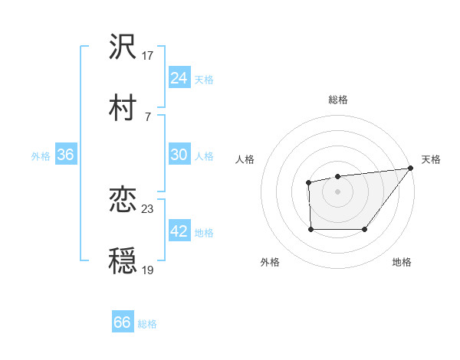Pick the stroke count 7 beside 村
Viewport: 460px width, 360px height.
(x=148, y=116)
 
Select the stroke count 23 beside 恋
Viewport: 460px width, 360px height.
(x=149, y=209)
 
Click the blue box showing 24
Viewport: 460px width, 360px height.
(x=179, y=78)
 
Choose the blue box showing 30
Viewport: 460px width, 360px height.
(x=179, y=155)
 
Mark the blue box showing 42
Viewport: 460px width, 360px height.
(x=179, y=231)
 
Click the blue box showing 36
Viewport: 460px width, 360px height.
(x=66, y=155)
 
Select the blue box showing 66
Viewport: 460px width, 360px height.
(x=123, y=323)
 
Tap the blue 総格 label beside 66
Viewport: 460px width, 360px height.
(x=148, y=324)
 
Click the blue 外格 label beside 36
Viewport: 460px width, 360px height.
(x=41, y=155)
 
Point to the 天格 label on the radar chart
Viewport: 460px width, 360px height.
(x=431, y=159)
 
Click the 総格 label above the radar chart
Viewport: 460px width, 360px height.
(x=337, y=100)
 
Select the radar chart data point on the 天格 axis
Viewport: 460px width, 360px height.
(x=410, y=169)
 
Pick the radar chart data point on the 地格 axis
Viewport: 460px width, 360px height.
(x=365, y=229)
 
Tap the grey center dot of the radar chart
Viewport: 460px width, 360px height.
(x=337, y=191)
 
